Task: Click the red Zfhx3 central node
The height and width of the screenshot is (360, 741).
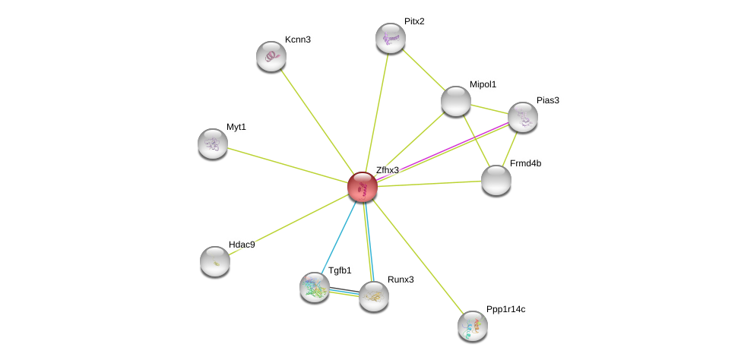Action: click(363, 187)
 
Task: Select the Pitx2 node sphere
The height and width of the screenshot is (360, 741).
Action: click(391, 38)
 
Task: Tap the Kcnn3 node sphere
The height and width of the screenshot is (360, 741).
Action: click(271, 56)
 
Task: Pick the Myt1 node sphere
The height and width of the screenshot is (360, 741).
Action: click(213, 143)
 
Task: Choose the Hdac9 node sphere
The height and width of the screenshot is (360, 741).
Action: click(215, 261)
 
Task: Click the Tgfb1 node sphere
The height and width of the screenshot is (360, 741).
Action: click(315, 287)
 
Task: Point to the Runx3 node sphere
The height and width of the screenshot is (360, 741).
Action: click(374, 296)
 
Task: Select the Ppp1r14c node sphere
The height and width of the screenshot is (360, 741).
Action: click(473, 326)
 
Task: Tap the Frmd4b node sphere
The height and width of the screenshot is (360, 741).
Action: click(496, 180)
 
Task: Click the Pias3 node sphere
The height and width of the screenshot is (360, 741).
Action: click(523, 117)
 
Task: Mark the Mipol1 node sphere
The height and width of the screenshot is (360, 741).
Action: click(456, 101)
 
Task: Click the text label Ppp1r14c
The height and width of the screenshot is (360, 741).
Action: click(505, 309)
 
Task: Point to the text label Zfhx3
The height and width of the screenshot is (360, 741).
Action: click(388, 170)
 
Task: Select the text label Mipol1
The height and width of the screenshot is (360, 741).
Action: click(483, 84)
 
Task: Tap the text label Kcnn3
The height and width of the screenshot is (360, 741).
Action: click(298, 39)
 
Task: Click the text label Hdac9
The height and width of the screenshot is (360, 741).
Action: click(242, 245)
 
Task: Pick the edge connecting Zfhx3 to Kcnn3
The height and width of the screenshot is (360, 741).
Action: click(317, 122)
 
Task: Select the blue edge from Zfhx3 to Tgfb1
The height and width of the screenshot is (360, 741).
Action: click(339, 237)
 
